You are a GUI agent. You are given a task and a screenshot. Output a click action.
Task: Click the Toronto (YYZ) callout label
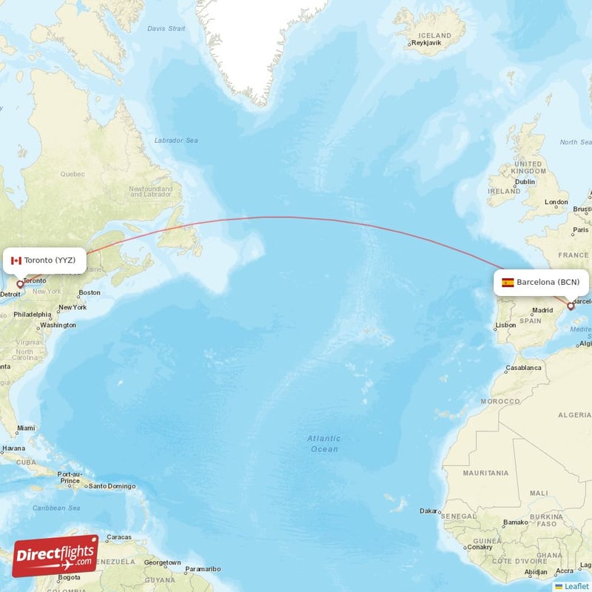(45, 260)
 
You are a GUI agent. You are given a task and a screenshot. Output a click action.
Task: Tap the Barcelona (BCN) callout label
(542, 283)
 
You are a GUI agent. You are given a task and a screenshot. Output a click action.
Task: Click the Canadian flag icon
(16, 260)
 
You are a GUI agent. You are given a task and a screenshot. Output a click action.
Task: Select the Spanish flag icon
(508, 283)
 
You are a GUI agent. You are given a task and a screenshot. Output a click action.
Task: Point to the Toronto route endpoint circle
(20, 283)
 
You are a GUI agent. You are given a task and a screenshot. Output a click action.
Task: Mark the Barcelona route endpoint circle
(570, 305)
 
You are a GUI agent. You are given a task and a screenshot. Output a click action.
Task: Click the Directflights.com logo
(55, 556)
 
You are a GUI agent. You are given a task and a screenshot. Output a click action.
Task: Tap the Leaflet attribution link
(576, 586)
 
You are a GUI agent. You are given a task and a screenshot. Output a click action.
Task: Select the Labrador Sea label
(176, 140)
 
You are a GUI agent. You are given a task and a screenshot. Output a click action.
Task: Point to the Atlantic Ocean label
(324, 443)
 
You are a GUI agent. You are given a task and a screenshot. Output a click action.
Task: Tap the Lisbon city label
(506, 325)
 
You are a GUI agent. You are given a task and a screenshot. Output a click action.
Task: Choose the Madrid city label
(542, 310)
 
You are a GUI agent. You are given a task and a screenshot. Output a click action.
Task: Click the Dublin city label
(525, 181)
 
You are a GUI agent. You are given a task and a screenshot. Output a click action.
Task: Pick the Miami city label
(26, 428)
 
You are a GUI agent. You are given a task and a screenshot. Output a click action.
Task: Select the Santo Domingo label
(112, 486)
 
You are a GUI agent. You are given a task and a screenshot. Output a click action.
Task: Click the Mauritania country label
(485, 472)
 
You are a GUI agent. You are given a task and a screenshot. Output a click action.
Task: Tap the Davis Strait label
(166, 28)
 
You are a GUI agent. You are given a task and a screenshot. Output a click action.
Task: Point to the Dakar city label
(428, 511)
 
